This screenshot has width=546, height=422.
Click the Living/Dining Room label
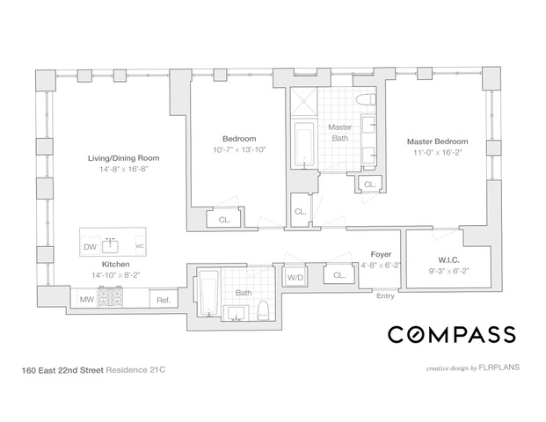(124, 158)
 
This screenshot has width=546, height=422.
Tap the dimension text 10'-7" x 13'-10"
(239, 149)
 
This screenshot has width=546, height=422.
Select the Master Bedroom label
(437, 142)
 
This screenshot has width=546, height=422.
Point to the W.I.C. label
(448, 259)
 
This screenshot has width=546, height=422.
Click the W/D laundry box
(295, 278)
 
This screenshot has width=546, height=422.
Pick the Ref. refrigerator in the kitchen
(164, 299)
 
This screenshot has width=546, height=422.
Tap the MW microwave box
(87, 299)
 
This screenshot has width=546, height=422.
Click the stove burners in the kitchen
(111, 297)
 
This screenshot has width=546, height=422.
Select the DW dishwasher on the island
(91, 247)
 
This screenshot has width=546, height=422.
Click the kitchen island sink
(110, 246)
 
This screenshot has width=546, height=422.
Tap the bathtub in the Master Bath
(304, 144)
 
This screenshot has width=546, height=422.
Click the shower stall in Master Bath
(304, 101)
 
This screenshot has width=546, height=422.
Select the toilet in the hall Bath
(263, 310)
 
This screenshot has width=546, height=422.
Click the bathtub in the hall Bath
(208, 293)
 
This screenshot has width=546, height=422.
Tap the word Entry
(385, 296)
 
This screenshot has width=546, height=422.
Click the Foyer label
(381, 255)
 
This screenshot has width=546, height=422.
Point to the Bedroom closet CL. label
(224, 220)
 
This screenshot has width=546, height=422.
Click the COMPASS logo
(452, 334)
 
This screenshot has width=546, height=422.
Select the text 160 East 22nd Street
(62, 370)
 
